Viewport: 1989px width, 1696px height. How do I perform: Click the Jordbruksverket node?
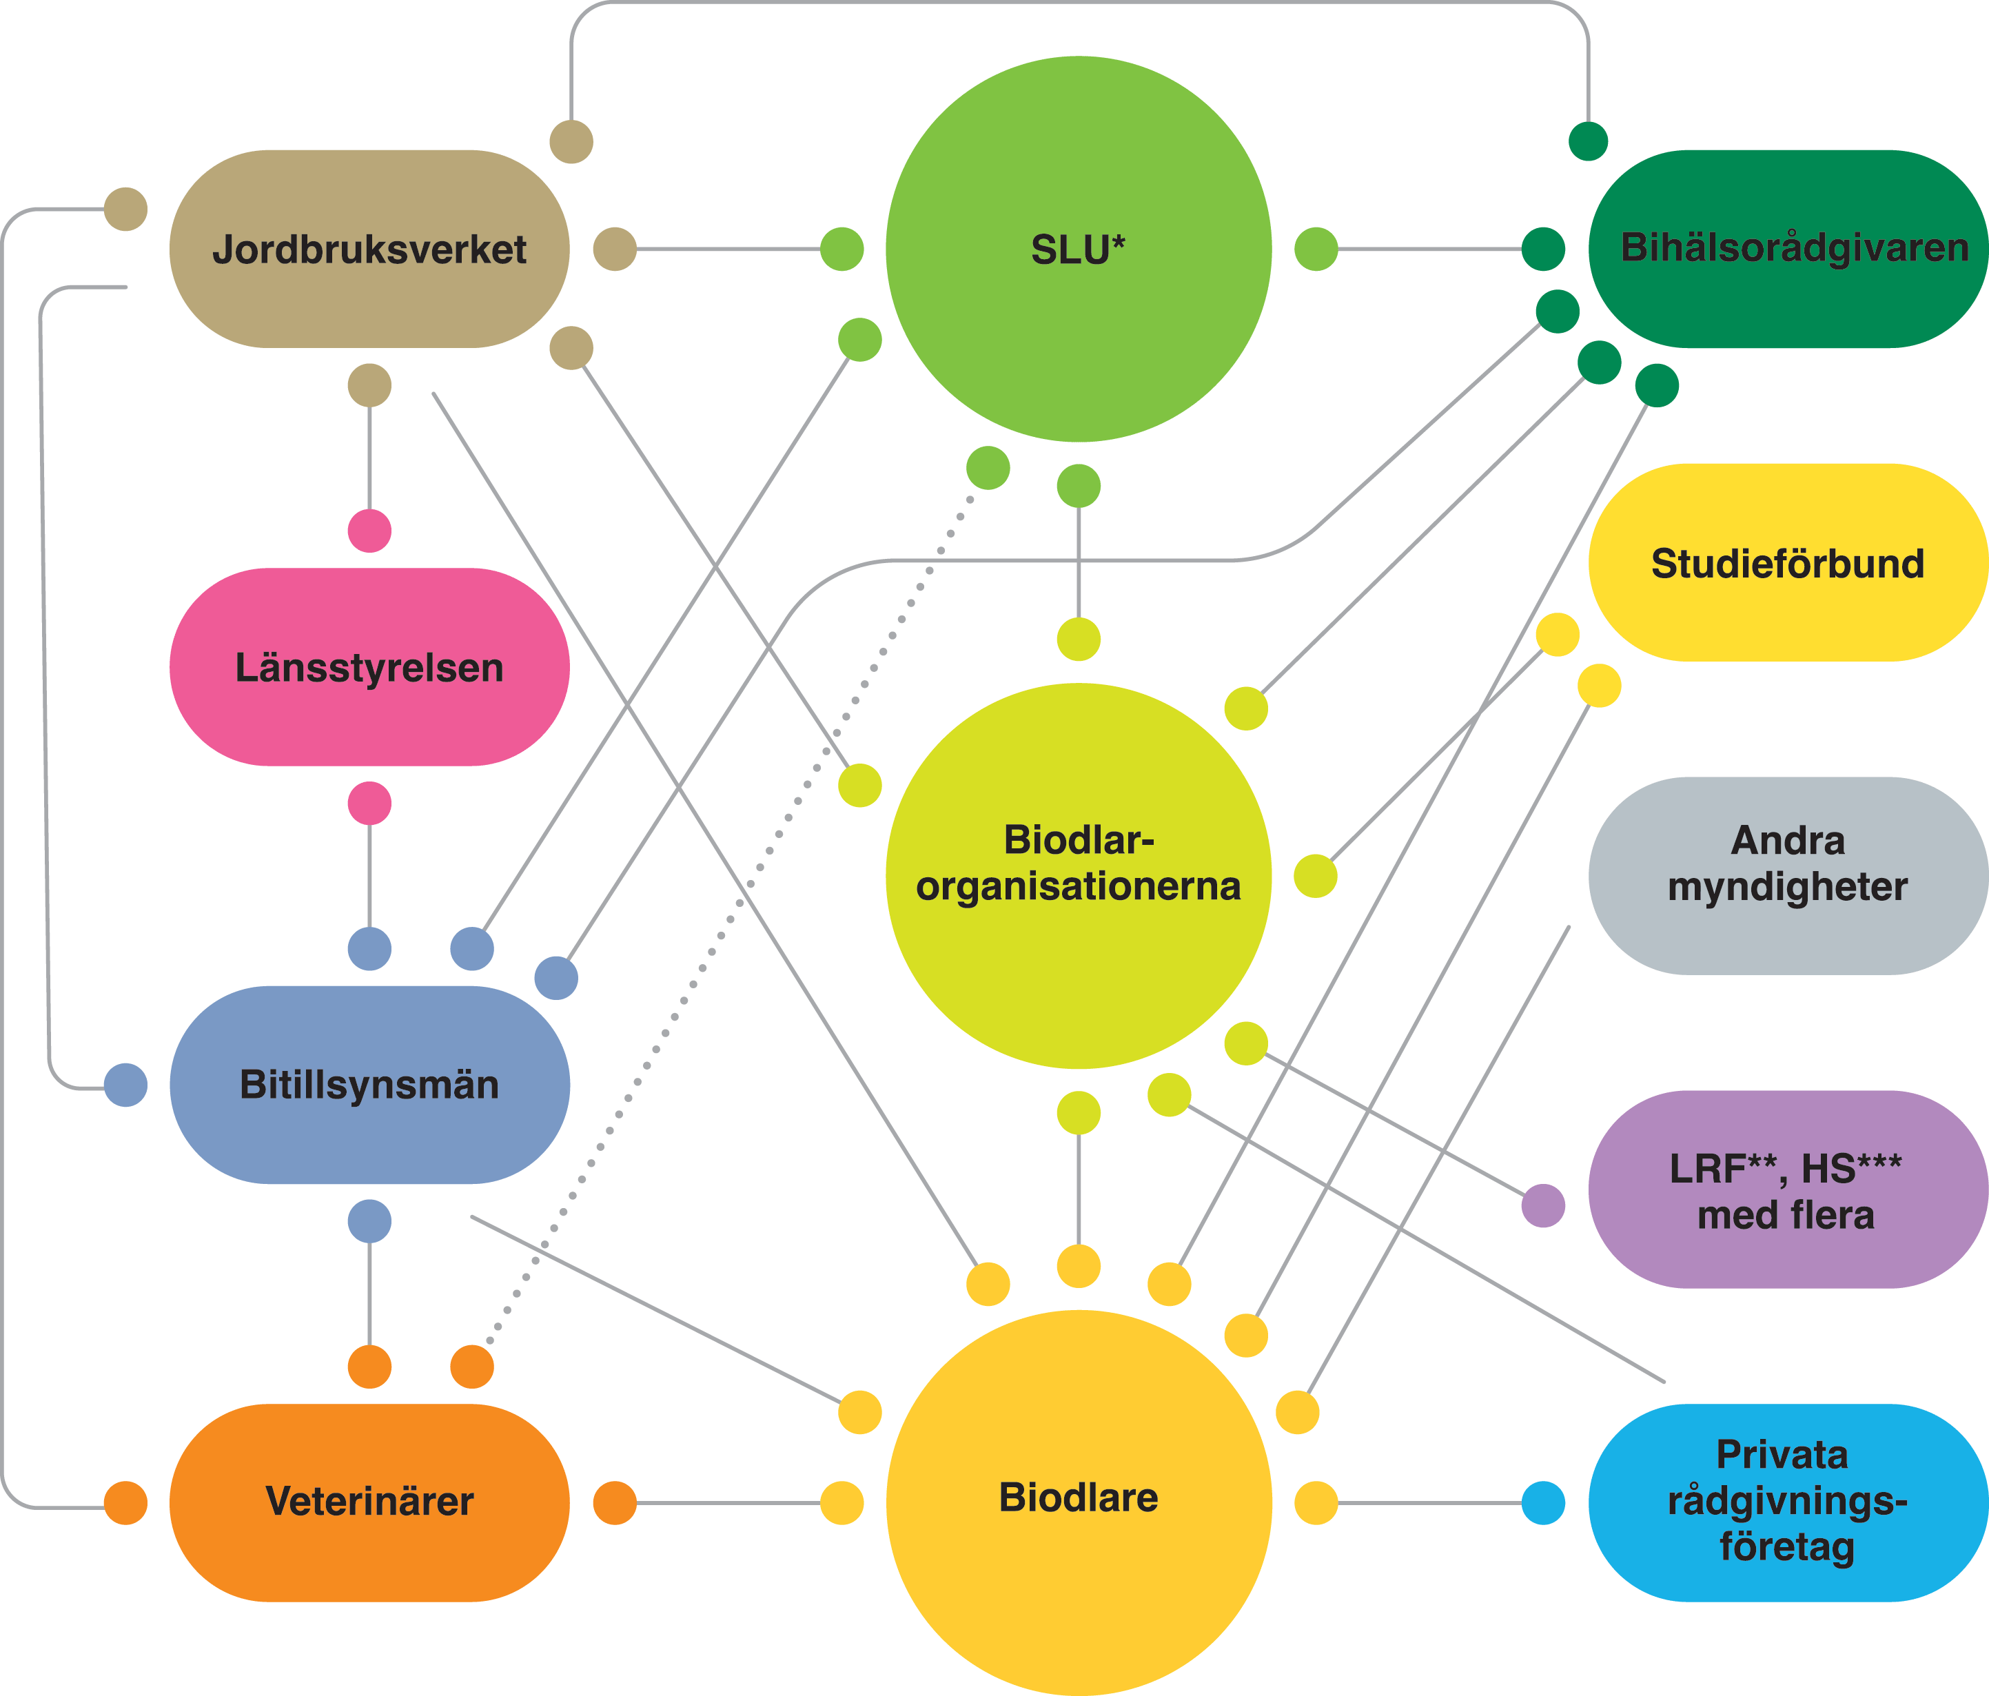click(369, 249)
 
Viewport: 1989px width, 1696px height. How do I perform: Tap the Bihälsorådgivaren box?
click(1788, 249)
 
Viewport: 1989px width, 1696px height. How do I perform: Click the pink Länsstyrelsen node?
click(369, 667)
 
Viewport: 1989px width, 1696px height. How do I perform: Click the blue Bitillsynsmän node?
click(369, 1085)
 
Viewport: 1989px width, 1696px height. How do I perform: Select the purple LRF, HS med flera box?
click(1788, 1189)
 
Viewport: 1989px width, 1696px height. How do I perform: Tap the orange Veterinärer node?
click(369, 1502)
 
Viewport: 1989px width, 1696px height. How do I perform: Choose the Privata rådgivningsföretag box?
click(1788, 1502)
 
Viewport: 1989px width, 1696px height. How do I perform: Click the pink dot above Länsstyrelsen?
click(369, 531)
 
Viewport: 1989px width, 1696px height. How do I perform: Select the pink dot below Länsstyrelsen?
click(369, 804)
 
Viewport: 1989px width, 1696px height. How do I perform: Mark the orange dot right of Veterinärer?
click(614, 1502)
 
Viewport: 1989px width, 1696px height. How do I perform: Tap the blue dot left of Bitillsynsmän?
click(125, 1085)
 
